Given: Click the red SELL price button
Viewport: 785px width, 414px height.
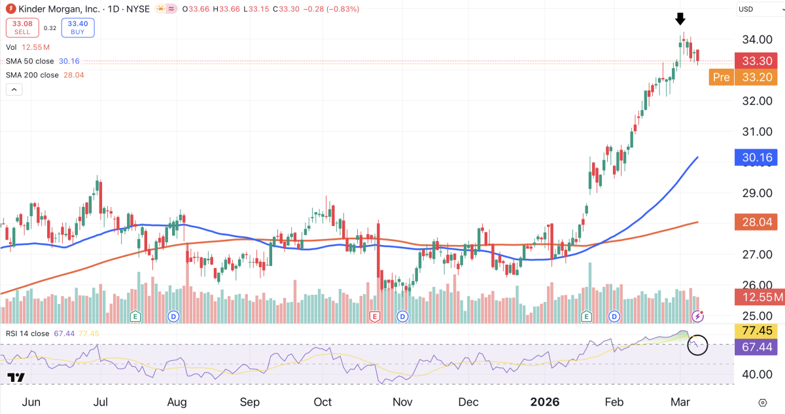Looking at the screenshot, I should point(24,28).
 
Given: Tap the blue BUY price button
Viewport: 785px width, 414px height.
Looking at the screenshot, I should point(78,28).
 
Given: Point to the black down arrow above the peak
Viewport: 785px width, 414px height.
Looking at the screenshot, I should point(680,18).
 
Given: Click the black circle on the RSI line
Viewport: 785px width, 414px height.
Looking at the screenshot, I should point(698,345).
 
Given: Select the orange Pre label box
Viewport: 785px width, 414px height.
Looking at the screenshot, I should point(721,77).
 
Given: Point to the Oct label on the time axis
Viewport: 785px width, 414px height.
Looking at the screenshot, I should point(323,402).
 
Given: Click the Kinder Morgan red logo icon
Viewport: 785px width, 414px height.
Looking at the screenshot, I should point(9,9).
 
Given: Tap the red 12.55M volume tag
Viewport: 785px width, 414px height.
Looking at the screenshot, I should point(759,298).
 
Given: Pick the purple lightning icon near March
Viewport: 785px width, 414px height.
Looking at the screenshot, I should point(698,316).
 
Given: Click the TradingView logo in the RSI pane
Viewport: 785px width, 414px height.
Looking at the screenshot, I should point(16,378).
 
